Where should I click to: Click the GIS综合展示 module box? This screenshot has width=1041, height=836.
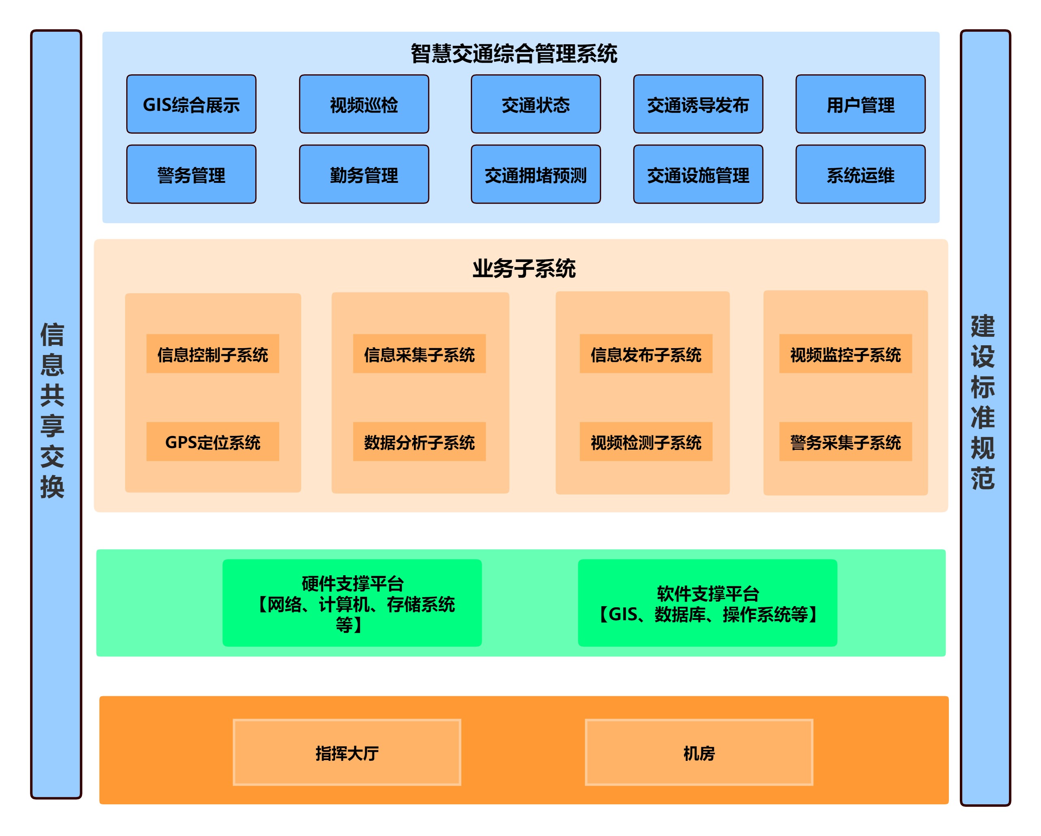coord(191,104)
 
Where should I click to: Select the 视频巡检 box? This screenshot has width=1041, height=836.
coord(364,104)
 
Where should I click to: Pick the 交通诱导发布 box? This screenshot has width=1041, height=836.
coord(698,104)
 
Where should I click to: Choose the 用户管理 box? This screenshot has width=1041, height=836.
coord(860,104)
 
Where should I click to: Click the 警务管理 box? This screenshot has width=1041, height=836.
coord(191,174)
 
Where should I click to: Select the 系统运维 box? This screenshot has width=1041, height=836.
coord(860,174)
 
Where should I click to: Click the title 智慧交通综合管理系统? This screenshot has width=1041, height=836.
coord(514,53)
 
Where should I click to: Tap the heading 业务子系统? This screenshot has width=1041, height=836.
coord(524,268)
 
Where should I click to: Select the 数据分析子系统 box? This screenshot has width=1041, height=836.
coord(419,441)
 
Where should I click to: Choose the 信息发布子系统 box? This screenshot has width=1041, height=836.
coord(646,354)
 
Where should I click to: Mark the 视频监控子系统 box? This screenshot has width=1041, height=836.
coord(845,354)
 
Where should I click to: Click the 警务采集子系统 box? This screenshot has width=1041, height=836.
coord(845,441)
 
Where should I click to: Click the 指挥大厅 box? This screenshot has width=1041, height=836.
coord(347,752)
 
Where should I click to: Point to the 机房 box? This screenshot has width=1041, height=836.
coord(699,752)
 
